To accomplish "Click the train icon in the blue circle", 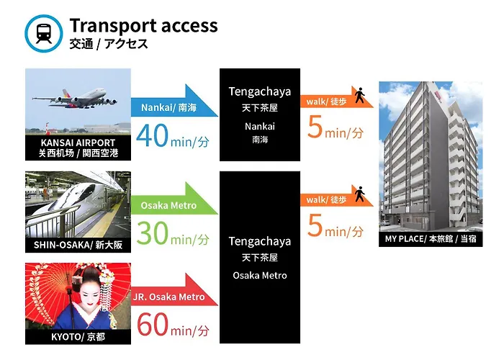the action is pyautogui.click(x=44, y=33).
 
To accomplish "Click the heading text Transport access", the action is pyautogui.click(x=143, y=26).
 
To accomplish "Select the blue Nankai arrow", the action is pyautogui.click(x=174, y=101).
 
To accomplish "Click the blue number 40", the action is pyautogui.click(x=152, y=135).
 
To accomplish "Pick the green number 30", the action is pyautogui.click(x=152, y=233).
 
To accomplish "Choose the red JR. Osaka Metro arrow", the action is pyautogui.click(x=174, y=289).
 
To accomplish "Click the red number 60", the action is pyautogui.click(x=153, y=325).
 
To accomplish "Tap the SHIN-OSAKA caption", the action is pyautogui.click(x=78, y=245).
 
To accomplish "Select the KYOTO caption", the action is pyautogui.click(x=78, y=337).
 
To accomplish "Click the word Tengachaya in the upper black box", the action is pyautogui.click(x=260, y=92).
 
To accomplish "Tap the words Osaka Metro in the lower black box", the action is pyautogui.click(x=260, y=276).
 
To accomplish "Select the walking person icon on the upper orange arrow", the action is pyautogui.click(x=360, y=95).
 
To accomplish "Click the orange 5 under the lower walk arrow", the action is pyautogui.click(x=315, y=225).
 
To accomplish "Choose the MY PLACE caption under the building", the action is pyautogui.click(x=431, y=239).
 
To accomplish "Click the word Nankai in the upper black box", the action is pyautogui.click(x=260, y=126).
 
